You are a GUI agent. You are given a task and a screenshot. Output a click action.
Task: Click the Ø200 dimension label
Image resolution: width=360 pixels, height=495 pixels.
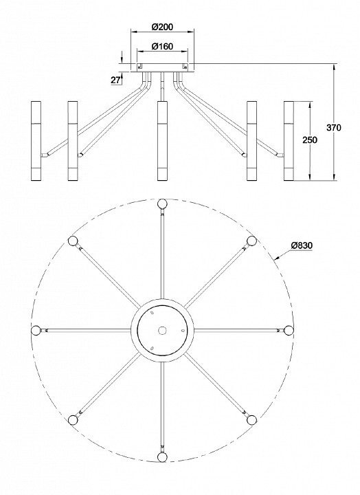coord(162,27)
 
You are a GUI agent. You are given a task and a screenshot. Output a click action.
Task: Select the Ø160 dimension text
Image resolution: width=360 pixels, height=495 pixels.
coord(162,47)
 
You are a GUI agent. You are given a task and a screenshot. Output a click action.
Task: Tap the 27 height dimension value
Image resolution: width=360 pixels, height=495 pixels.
coord(115,80)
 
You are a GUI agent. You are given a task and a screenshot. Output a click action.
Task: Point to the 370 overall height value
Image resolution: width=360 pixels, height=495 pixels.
coord(333,128)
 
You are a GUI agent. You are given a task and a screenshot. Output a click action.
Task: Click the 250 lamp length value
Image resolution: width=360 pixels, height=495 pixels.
coord(310,140)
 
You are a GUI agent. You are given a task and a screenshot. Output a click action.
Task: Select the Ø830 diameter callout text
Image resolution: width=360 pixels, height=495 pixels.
coord(302,245)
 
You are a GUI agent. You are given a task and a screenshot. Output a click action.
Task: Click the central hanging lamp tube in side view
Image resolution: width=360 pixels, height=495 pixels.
coord(162,141)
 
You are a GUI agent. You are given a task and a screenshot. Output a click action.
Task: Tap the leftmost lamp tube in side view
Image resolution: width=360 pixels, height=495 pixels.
coord(36,141)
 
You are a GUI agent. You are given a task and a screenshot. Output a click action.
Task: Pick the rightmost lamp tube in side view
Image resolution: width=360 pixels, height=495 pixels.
coord(289,141)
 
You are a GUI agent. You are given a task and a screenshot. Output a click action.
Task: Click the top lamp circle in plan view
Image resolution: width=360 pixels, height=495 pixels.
coord(162,203)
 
